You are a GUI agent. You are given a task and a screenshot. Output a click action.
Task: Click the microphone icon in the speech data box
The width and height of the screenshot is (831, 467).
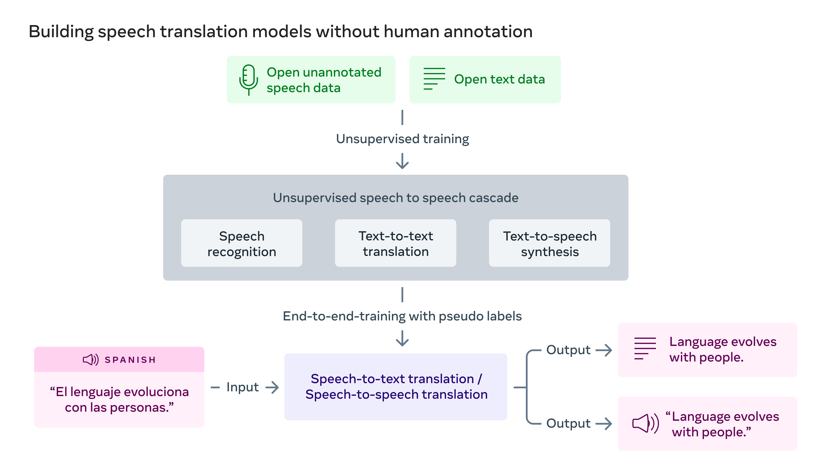coord(248,79)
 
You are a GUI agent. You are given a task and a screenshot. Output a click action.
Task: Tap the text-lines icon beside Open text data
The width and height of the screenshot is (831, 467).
coord(434,79)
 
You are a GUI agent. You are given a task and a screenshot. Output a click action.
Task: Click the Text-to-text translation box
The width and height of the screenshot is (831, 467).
coord(396,243)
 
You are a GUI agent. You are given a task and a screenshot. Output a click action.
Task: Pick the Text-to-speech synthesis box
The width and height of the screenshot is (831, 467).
coord(549,243)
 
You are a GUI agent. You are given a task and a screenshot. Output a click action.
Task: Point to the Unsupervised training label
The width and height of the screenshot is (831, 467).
coord(402,139)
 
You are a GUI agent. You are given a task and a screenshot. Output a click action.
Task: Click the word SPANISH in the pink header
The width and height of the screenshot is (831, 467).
coord(130,360)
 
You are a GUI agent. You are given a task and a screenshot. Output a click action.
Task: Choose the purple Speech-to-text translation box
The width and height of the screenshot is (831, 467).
coord(396,387)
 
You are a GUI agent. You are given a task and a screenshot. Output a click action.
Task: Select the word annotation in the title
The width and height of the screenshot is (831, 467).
coord(488,32)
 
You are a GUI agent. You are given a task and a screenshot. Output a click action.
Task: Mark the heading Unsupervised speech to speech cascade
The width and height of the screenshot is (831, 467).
coord(396,198)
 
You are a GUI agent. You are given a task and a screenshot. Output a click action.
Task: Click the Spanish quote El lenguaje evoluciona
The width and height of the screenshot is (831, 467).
coord(119,400)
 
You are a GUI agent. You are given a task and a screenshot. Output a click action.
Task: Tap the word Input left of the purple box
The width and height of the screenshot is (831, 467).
coord(243,387)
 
